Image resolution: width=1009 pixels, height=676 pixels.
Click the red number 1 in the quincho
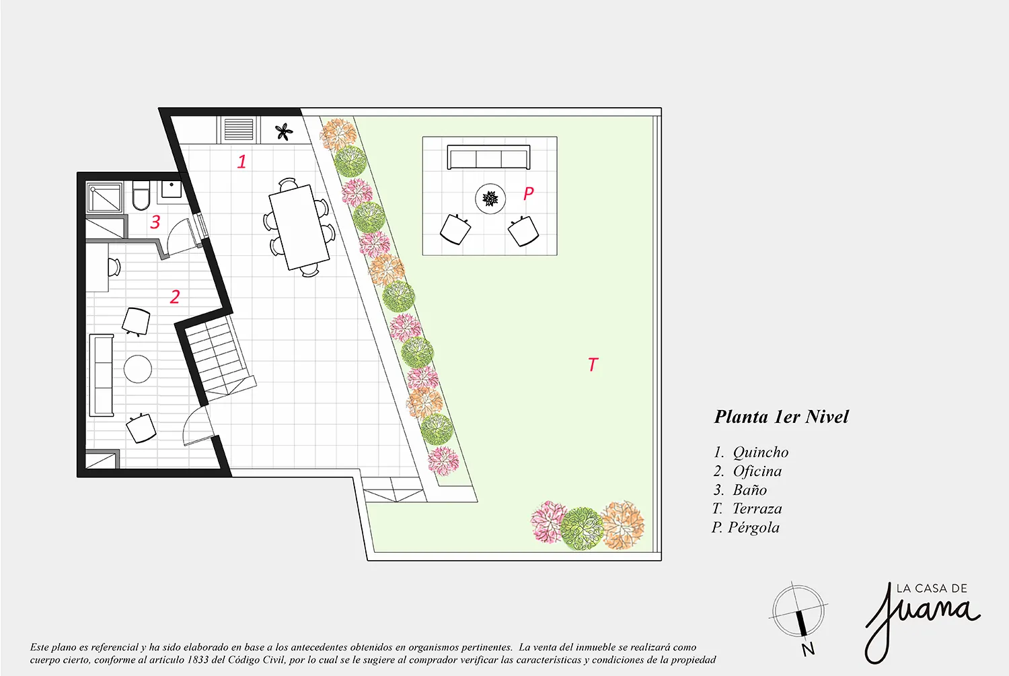pos(242,162)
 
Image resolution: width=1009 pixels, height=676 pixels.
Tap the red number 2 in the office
pos(175,296)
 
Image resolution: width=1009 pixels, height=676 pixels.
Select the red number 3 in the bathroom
pos(155,222)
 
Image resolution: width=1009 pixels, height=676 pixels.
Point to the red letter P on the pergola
pos(528,193)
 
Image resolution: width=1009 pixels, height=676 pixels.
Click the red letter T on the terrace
pos(593,364)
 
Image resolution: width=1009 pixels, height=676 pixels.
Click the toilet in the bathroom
pos(141,195)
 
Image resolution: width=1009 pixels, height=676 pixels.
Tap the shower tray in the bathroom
pos(104,197)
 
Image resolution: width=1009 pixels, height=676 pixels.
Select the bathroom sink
pos(172,189)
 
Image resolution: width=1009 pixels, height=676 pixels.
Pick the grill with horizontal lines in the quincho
pos(239,130)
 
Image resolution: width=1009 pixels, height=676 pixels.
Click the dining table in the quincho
pos(299,227)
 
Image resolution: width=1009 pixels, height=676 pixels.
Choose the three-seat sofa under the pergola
pos(489,157)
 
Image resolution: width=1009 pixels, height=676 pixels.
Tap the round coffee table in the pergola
pos(490,199)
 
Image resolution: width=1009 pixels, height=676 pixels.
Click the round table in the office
pos(138,369)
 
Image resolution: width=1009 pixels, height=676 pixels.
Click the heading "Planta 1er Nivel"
pos(781,417)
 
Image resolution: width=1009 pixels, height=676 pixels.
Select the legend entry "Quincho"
pos(761,452)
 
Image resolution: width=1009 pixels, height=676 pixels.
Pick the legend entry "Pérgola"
pos(753,527)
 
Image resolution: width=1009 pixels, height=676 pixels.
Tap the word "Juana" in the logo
pos(921,622)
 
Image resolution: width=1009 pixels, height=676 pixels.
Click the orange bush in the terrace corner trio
pos(623,525)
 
